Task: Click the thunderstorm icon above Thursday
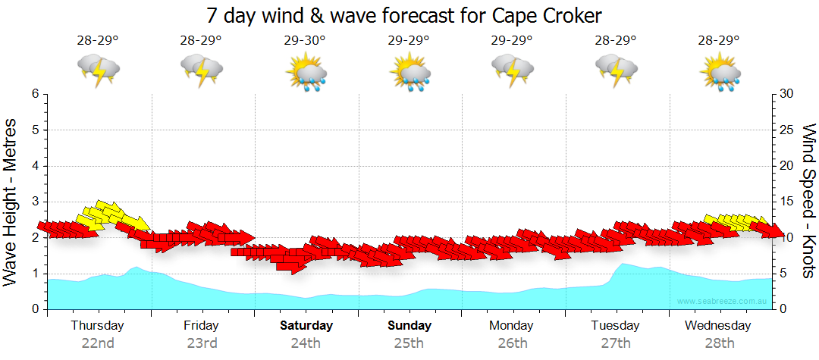coord(99,70)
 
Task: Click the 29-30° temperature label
coord(305,41)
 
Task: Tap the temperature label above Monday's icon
coord(512,41)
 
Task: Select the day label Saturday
coord(306,326)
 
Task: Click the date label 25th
coord(409,343)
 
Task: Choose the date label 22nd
coord(98,343)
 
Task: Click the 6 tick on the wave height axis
coord(35,94)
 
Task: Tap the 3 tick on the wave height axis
coord(35,202)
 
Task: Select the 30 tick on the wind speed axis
coord(786,94)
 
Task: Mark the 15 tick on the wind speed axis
coord(786,202)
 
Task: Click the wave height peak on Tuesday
coord(623,264)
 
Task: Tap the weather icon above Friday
coord(202,70)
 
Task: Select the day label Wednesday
coord(718,326)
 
